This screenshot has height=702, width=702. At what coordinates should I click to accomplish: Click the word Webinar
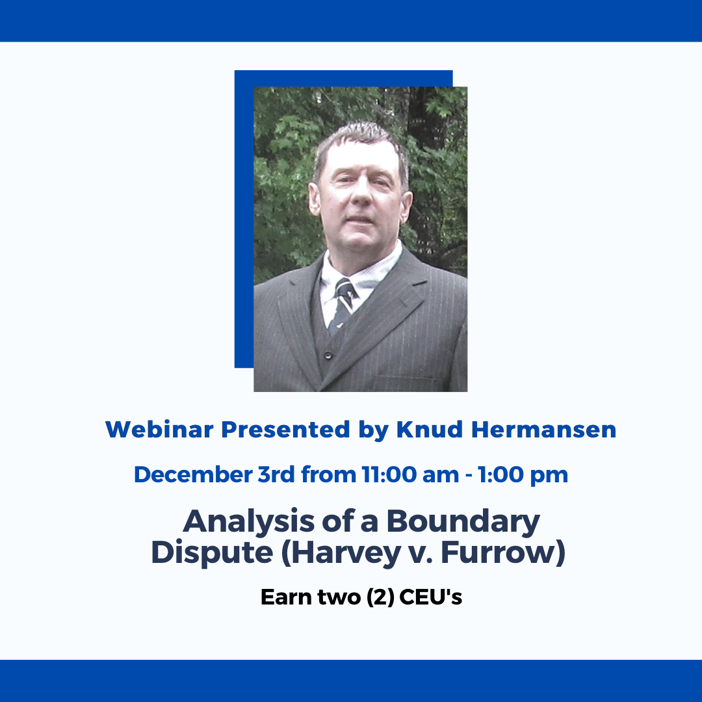159,430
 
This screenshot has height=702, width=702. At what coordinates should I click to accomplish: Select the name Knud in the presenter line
430,430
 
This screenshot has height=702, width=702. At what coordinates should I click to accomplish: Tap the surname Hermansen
544,430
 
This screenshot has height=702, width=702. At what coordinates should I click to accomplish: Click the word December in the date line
193,474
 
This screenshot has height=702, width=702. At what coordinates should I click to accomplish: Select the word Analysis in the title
249,521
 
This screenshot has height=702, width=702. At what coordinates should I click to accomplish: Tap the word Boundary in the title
463,521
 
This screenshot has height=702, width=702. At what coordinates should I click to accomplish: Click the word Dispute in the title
212,553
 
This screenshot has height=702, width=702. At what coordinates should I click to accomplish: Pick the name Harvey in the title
345,553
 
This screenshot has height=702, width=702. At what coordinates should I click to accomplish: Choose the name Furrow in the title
498,552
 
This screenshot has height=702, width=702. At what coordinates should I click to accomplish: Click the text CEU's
430,597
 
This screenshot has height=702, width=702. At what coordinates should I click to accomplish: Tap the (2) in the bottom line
380,597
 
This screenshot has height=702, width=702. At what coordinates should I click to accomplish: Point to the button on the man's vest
328,355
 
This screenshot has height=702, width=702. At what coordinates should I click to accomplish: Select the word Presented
285,430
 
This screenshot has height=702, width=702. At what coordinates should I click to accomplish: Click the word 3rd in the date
276,474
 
